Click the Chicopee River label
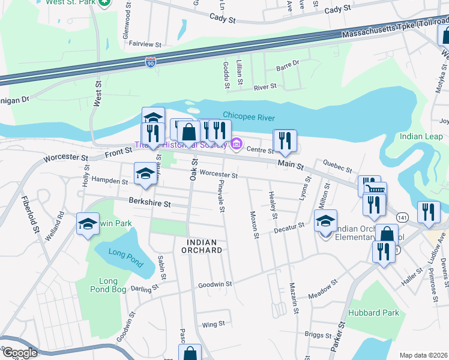coord(249,115)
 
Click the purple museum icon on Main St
coord(236,144)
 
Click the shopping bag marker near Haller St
coord(387,234)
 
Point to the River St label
coord(265,87)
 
